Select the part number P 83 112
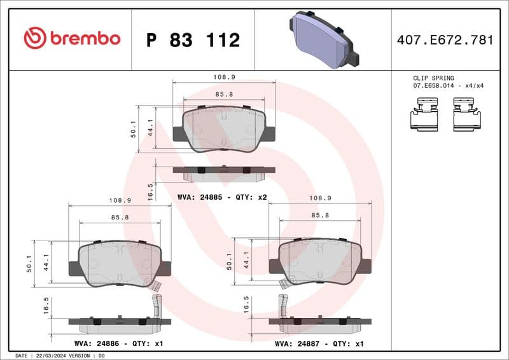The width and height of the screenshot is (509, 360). point(193,40)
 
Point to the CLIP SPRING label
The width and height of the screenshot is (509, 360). point(433,78)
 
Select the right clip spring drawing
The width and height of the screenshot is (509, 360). point(466,114)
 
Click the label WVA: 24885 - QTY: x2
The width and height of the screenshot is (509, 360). point(222,197)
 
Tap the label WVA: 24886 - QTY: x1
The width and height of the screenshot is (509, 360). point(119,343)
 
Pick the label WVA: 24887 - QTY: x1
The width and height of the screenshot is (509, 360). point(319,343)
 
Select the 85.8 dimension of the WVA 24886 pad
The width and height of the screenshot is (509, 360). point(120,218)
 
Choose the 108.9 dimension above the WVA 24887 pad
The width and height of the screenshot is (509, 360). point(320,198)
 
